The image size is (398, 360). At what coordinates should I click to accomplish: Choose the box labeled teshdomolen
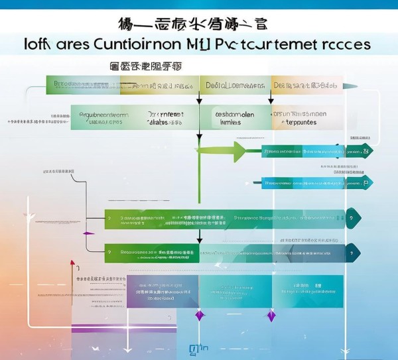pos(235,117)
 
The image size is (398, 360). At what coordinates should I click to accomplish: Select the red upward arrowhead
pos(72,264)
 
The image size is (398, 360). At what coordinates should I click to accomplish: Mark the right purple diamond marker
pos(271,316)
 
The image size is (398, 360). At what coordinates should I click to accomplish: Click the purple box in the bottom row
pos(163,292)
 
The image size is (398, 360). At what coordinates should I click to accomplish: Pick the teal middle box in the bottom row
pos(235,292)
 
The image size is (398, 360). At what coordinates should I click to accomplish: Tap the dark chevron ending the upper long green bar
pos(354,217)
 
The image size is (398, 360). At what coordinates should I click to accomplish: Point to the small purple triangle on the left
pos(85,233)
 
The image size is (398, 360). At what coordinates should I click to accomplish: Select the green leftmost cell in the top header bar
pos(83,85)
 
